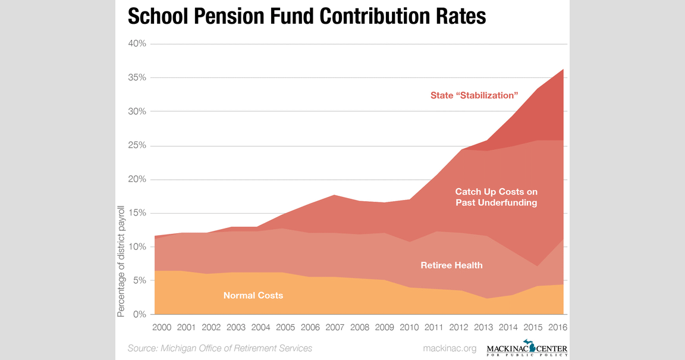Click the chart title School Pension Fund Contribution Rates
[307, 16]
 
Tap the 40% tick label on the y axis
[136, 44]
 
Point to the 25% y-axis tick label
[136, 146]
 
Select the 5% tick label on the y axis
[139, 281]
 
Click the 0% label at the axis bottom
[139, 315]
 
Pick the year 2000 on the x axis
[162, 328]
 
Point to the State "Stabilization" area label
[475, 95]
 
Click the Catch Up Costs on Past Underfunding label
[496, 197]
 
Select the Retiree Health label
[451, 265]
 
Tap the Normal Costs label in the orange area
[253, 295]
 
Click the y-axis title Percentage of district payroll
[121, 261]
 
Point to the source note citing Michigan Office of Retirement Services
[220, 348]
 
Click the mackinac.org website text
[450, 348]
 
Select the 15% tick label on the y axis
[136, 213]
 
